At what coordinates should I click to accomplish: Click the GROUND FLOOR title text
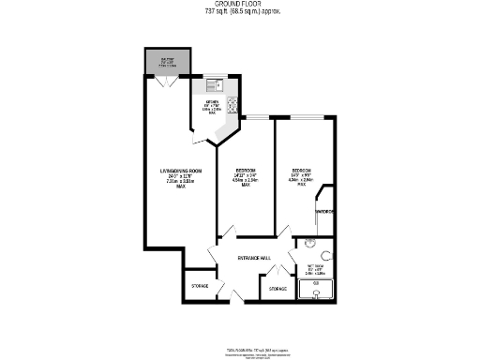[x=239, y=5]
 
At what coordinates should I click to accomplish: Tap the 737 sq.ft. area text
[x=239, y=12]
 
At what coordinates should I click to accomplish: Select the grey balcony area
[x=167, y=60]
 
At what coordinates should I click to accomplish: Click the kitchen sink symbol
[x=212, y=84]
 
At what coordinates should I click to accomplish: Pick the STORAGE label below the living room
[x=200, y=285]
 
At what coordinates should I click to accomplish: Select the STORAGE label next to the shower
[x=277, y=289]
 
